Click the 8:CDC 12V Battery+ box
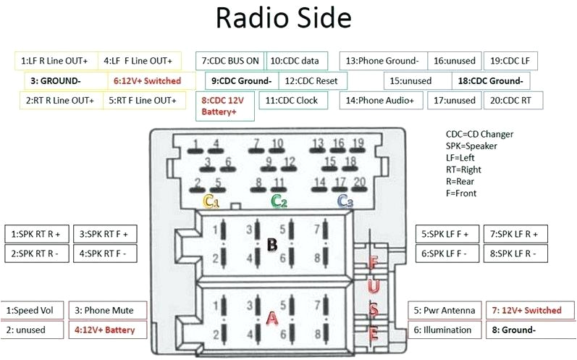(225, 106)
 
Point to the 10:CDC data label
(298, 61)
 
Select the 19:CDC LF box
(510, 61)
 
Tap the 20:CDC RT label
(510, 101)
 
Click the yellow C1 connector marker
(211, 201)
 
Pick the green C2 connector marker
(279, 201)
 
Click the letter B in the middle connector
(272, 244)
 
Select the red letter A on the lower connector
(273, 318)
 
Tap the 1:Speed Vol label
(34, 310)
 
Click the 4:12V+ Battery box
(108, 330)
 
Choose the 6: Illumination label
(444, 330)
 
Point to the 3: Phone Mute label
(109, 310)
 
